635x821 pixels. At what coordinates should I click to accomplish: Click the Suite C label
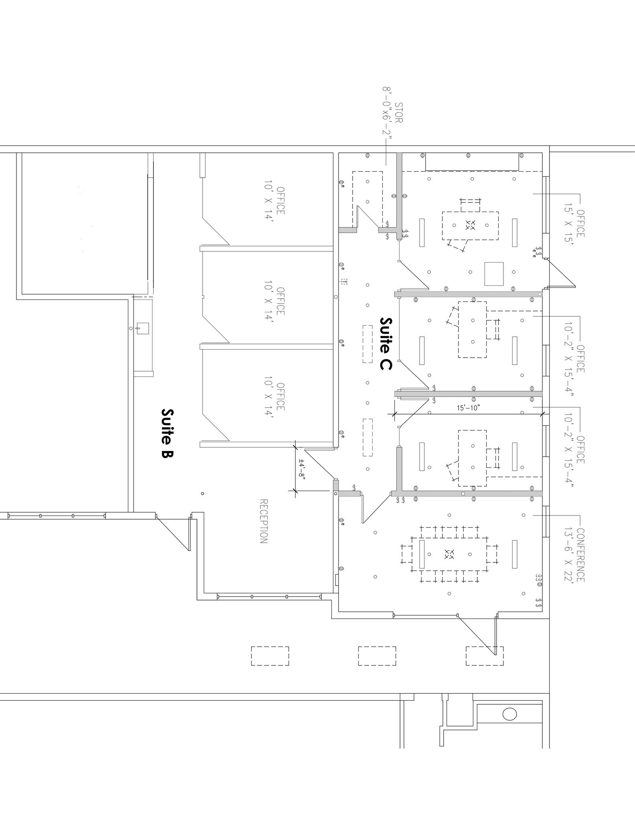pos(385,344)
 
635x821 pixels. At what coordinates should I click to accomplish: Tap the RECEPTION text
pos(264,521)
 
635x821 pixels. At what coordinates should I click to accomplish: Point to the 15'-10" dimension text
pos(468,408)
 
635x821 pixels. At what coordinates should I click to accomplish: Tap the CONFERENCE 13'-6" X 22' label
pos(574,555)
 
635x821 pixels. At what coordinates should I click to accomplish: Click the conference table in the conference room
pos(449,554)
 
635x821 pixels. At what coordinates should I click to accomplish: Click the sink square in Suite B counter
pos(143,328)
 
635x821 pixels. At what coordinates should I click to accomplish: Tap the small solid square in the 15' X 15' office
pos(494,274)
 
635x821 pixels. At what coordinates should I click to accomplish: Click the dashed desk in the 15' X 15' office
pos(471,226)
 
